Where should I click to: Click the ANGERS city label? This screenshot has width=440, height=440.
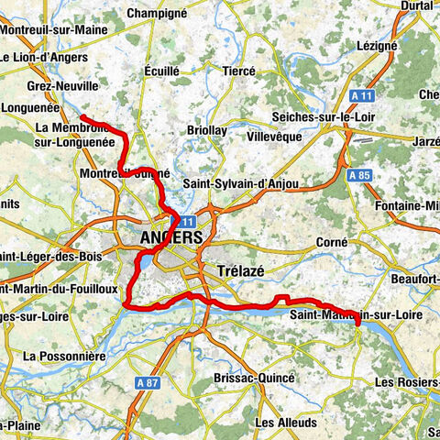coord(171,238)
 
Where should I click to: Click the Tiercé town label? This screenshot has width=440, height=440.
coord(239,70)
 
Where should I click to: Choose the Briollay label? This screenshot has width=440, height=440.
coord(206,131)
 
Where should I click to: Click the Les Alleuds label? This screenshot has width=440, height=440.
coord(286,423)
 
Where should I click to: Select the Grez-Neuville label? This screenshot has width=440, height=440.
coord(58,85)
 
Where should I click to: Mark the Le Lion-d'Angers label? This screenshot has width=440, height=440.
coord(44,58)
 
